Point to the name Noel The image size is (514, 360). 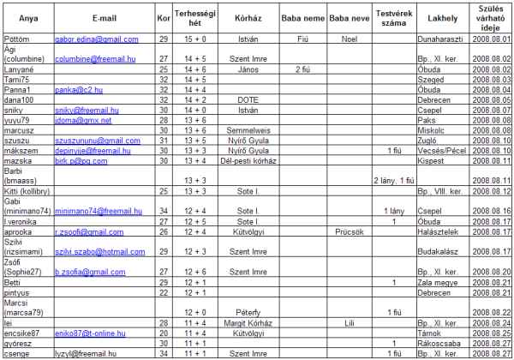coord(348,39)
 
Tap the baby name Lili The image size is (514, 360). coord(348,321)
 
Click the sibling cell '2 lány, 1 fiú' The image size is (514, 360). coord(394,181)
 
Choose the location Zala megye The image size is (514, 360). coord(437,282)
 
